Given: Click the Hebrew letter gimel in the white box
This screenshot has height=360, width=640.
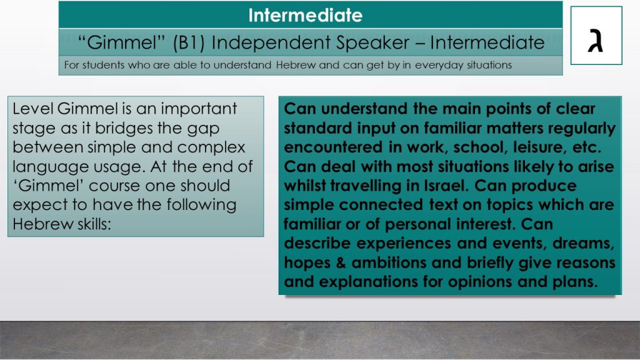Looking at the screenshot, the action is [x=596, y=41].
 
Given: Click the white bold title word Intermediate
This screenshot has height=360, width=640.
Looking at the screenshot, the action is [x=305, y=16].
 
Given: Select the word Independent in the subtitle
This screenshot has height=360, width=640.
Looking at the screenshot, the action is [x=271, y=43].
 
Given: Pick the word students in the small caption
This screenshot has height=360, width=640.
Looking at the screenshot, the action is [x=103, y=65].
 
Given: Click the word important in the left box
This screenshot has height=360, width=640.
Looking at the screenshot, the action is [x=199, y=109].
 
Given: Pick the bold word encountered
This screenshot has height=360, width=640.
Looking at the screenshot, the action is [x=333, y=147].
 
